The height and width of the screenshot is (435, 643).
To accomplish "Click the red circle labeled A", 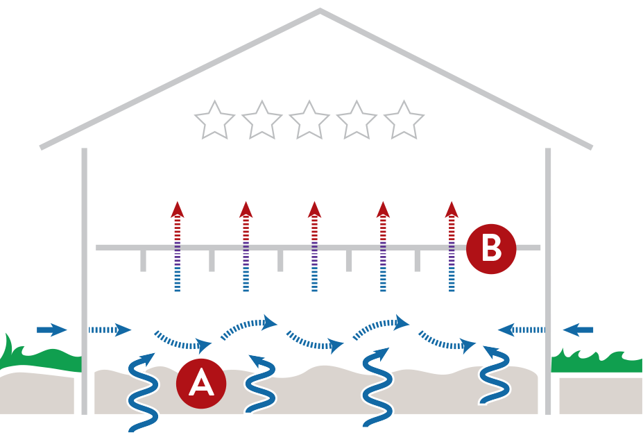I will [201, 382].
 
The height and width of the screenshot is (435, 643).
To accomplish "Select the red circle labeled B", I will [491, 248].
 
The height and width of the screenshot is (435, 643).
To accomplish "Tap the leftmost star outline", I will [214, 121].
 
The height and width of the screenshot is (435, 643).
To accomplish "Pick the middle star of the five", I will [309, 121].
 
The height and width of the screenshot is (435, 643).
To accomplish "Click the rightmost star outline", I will [404, 121].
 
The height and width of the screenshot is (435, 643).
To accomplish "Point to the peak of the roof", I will [320, 10].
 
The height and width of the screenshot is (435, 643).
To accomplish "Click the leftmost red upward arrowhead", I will [178, 209].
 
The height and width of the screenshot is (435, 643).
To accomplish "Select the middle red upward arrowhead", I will [314, 209].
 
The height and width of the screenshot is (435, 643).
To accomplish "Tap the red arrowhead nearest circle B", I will [452, 209].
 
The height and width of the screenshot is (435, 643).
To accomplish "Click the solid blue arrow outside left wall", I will [51, 330].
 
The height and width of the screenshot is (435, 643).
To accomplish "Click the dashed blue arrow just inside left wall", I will [111, 330].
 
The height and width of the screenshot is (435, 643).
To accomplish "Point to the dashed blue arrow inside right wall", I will [521, 329].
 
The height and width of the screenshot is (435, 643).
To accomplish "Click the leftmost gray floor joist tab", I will [144, 260].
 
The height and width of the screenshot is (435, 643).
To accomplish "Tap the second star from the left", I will [262, 121].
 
